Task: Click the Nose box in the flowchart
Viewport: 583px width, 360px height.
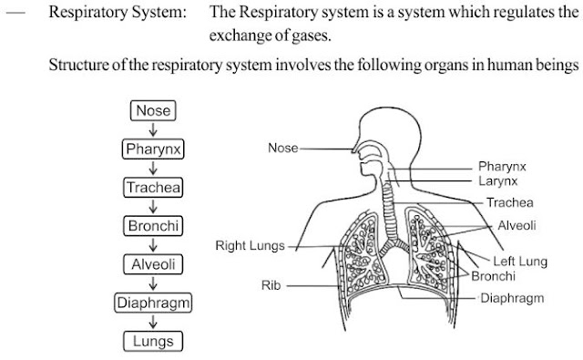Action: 153,110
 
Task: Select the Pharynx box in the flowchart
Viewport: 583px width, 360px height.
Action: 153,149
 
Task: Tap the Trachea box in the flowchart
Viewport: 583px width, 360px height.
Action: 153,188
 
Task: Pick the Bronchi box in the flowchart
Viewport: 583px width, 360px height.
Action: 153,226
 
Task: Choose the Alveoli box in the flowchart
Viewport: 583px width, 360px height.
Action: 153,264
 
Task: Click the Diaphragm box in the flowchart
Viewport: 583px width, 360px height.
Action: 153,303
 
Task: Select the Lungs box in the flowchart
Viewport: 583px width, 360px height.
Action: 153,342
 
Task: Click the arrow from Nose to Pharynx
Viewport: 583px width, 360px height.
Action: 153,129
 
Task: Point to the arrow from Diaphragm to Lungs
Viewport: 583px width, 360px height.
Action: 153,322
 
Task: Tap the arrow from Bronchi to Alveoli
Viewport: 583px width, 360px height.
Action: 153,245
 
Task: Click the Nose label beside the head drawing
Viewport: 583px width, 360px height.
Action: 283,148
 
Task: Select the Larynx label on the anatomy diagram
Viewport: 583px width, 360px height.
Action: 498,181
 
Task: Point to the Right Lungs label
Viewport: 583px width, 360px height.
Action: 250,246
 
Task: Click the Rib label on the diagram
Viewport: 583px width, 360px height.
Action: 271,285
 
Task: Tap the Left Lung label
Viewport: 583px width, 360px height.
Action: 520,261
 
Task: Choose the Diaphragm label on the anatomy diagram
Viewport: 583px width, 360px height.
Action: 512,298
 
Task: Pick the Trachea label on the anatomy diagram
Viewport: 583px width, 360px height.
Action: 510,202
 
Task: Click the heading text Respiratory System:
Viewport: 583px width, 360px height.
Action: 118,12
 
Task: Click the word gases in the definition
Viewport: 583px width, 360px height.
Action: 311,36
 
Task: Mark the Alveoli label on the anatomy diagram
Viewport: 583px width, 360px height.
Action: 517,225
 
